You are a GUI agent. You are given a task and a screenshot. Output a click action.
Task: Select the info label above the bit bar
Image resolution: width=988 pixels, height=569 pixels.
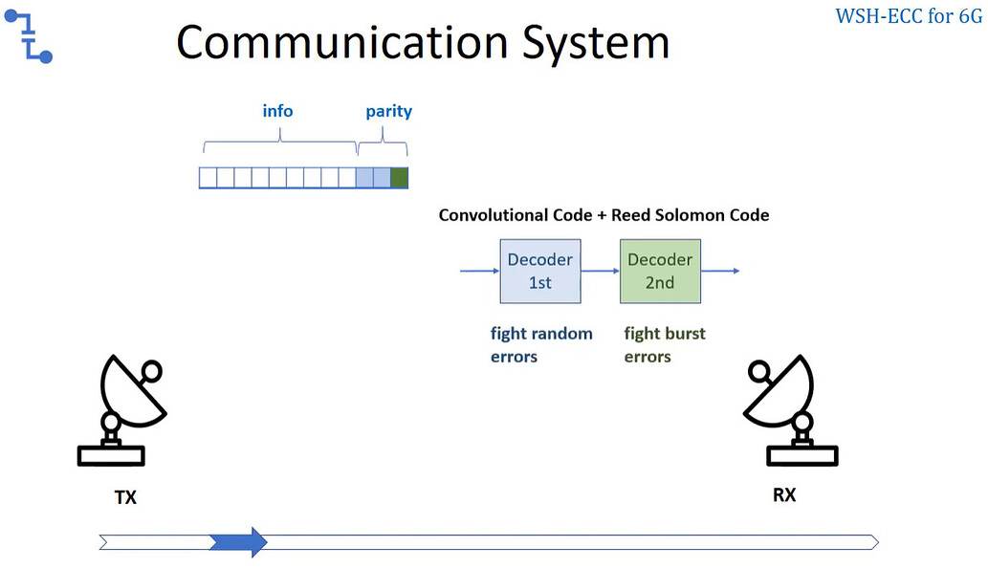[x=277, y=111]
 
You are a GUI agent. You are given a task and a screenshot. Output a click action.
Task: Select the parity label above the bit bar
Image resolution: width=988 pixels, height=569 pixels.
[x=388, y=111]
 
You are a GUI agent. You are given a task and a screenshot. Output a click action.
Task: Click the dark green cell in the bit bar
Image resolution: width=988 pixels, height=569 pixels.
[x=399, y=177]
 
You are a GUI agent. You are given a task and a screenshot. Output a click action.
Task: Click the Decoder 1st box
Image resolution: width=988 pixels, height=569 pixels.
[x=539, y=271]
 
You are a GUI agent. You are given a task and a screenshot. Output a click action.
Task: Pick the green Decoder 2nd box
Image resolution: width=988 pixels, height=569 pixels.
[x=660, y=271]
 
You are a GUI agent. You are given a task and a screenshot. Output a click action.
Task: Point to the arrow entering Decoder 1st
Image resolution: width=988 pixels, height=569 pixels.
[x=479, y=272]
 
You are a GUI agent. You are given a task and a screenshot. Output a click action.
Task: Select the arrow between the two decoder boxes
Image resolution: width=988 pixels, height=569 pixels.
[x=600, y=272]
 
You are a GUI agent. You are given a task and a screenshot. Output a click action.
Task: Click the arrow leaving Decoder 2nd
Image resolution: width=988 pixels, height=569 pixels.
[x=720, y=272]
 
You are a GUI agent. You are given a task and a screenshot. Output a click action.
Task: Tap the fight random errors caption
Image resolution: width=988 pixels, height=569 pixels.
[x=541, y=345]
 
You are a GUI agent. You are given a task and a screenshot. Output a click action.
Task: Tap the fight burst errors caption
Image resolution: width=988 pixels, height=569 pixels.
[x=665, y=345]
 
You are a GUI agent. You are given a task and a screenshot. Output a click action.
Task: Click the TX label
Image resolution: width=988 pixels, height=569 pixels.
[x=125, y=497]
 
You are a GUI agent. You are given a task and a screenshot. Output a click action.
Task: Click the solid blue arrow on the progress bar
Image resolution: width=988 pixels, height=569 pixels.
[x=238, y=542]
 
